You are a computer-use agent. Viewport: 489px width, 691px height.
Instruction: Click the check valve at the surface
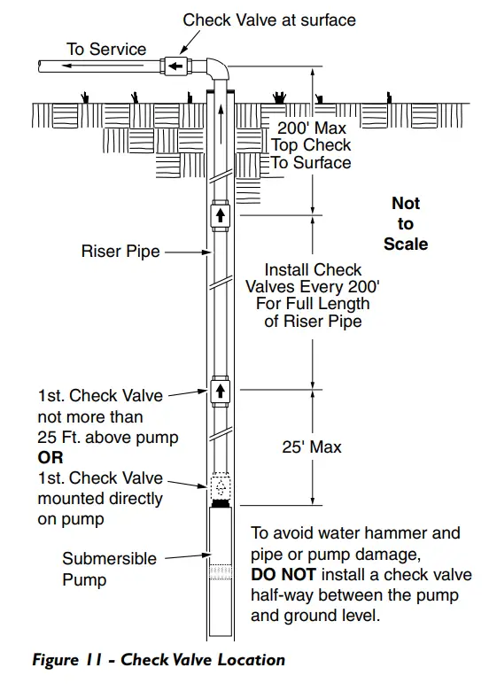[x=175, y=66]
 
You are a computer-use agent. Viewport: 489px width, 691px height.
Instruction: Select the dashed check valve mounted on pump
[x=221, y=487]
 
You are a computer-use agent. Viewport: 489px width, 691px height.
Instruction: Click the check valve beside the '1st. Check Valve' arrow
[x=221, y=392]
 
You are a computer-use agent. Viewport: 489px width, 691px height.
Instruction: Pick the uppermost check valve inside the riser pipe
[x=221, y=216]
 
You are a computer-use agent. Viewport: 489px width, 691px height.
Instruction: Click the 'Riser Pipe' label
[x=120, y=252]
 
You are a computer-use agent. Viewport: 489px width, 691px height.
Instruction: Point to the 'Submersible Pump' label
[x=109, y=569]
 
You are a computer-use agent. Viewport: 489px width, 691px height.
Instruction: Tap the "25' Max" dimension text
[x=312, y=446]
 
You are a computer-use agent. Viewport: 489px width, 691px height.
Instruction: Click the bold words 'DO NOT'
[x=283, y=575]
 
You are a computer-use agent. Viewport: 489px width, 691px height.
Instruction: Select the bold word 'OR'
[x=50, y=458]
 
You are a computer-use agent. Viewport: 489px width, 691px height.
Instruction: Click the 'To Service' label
[x=106, y=49]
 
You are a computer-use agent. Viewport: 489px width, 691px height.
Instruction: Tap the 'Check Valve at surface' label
[x=269, y=19]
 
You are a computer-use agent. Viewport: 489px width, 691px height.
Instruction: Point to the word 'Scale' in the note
[x=406, y=244]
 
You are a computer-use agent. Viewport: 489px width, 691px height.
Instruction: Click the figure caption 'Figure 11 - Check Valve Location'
[x=159, y=660]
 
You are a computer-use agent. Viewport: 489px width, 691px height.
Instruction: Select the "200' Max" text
[x=312, y=128]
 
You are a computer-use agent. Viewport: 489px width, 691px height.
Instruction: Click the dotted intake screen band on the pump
[x=221, y=572]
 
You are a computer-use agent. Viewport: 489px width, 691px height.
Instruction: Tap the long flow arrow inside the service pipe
[x=103, y=66]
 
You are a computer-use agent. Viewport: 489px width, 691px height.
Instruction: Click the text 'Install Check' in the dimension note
[x=313, y=269]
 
